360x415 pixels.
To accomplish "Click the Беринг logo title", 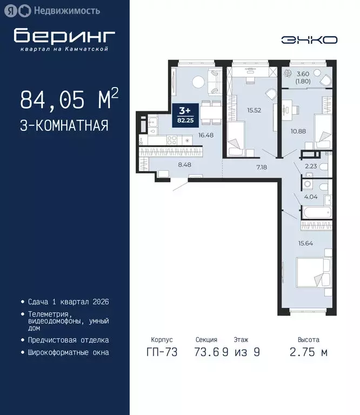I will point(64,36).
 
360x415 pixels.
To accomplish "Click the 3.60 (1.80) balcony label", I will point(303,77).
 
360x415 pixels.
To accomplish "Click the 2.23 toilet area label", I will point(311,167).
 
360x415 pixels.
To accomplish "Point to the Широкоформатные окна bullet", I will point(68,352).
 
